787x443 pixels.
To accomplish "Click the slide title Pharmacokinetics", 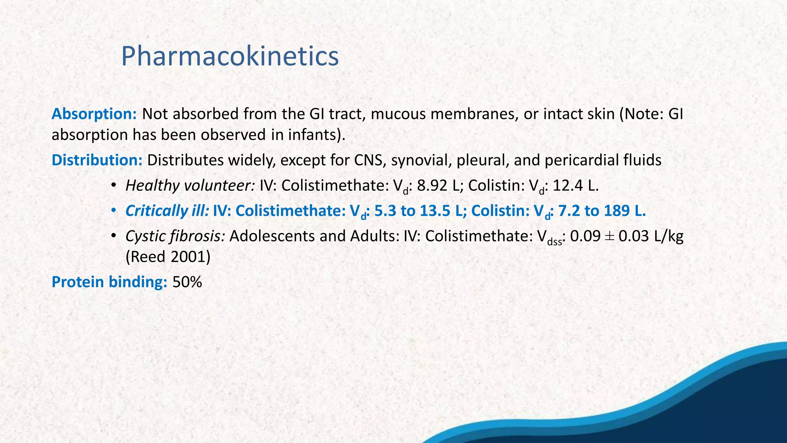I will click(230, 56).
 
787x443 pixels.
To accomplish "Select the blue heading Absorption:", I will click(94, 114).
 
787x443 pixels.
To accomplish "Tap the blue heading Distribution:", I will click(97, 160).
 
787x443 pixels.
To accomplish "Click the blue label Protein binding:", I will click(109, 282).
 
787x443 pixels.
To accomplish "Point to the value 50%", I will click(187, 282).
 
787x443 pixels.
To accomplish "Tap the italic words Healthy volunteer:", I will click(190, 186).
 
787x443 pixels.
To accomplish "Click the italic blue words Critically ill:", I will click(167, 211).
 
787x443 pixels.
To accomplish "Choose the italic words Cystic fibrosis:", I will click(175, 236).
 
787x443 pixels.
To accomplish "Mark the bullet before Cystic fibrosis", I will click(113, 236).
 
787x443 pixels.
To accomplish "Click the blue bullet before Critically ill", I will click(113, 211).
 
